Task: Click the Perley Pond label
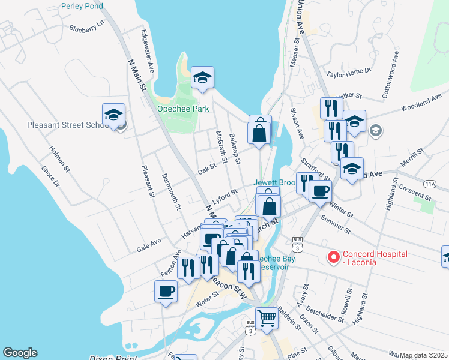[82, 6]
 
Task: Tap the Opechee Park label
[183, 109]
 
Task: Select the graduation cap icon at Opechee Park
[203, 78]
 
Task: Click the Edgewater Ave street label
[148, 52]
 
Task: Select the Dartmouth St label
[171, 192]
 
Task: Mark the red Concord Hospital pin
[333, 257]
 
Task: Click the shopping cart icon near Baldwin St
[267, 317]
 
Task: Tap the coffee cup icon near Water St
[166, 292]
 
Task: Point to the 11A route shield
[429, 184]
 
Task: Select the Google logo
[20, 353]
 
